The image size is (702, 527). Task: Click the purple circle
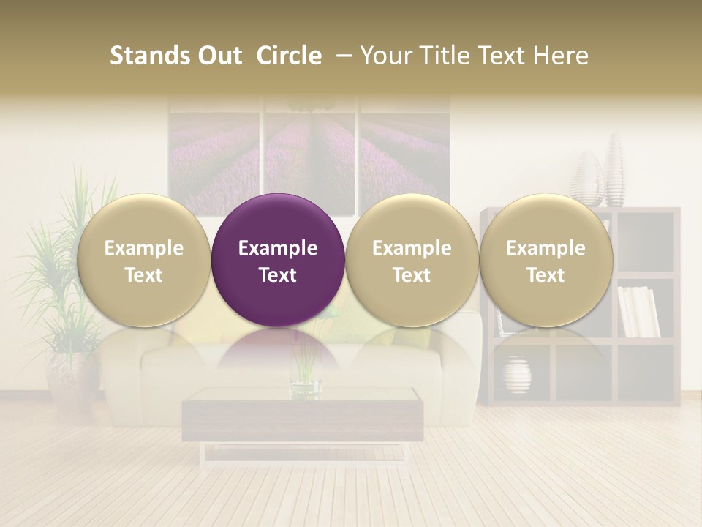(278, 260)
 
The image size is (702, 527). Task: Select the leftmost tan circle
(143, 260)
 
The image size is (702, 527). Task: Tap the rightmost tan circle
(546, 260)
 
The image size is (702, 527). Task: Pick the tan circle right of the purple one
(412, 260)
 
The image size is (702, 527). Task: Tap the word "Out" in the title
(218, 56)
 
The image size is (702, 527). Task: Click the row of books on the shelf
(638, 312)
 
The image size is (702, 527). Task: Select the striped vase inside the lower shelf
(517, 375)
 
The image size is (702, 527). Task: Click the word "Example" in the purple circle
(278, 248)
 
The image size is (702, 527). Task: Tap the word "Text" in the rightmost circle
(546, 275)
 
